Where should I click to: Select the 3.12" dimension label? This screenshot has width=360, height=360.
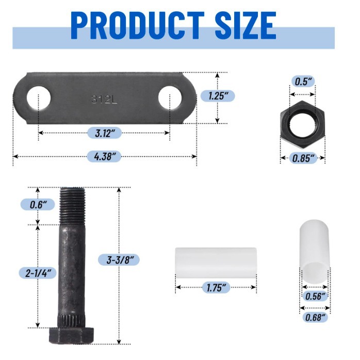pos(105,133)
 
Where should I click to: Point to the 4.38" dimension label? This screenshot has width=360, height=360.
pos(105,156)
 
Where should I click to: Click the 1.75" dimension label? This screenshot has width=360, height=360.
pos(216,287)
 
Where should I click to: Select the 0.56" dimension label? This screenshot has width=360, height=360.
pos(316,296)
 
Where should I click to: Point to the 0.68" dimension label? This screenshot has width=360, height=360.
pos(316,317)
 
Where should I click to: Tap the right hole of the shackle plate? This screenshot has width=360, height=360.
pos(170,98)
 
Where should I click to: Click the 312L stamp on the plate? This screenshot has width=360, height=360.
pos(104,99)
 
